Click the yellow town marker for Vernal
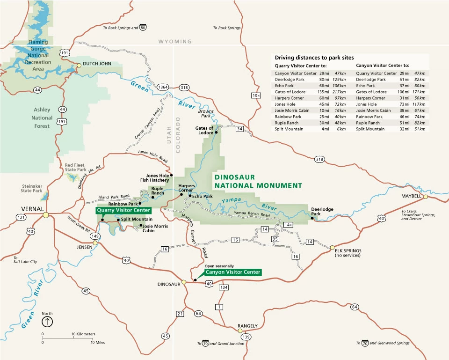point(45,215)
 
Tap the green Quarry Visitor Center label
point(123,211)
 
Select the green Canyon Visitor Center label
point(232,272)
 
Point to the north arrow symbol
point(47,322)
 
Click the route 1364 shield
point(163,88)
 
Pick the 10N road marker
point(255,96)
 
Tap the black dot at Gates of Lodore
point(217,133)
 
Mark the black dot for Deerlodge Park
point(311,218)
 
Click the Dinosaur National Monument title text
point(258,182)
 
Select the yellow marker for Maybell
point(426,197)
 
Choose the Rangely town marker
point(240,331)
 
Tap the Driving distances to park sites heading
point(314,57)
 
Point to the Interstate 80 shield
point(143,28)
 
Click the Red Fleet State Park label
point(75,168)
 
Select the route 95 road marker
point(275,239)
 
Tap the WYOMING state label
point(175,42)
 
